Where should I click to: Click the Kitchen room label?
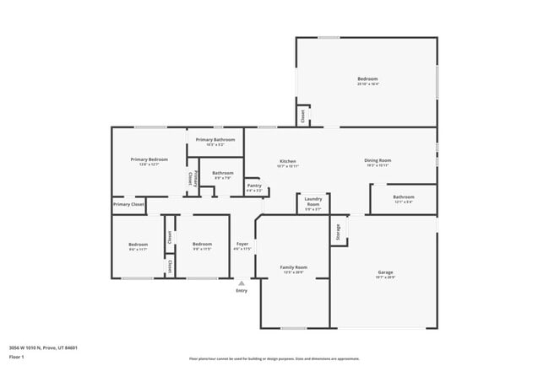[288, 160]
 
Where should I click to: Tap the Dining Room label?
[377, 160]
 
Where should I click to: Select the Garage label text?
[385, 272]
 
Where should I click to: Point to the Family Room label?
[293, 267]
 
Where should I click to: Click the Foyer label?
[242, 244]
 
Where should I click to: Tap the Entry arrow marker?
[242, 283]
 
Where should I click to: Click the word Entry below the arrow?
[242, 292]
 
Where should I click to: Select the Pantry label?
[254, 186]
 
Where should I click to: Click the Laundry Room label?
[313, 202]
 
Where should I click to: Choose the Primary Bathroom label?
[215, 139]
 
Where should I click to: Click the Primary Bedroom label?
[149, 159]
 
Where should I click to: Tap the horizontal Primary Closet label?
[128, 204]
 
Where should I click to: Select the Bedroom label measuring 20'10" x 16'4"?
[367, 79]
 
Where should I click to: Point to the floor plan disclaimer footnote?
[274, 358]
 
